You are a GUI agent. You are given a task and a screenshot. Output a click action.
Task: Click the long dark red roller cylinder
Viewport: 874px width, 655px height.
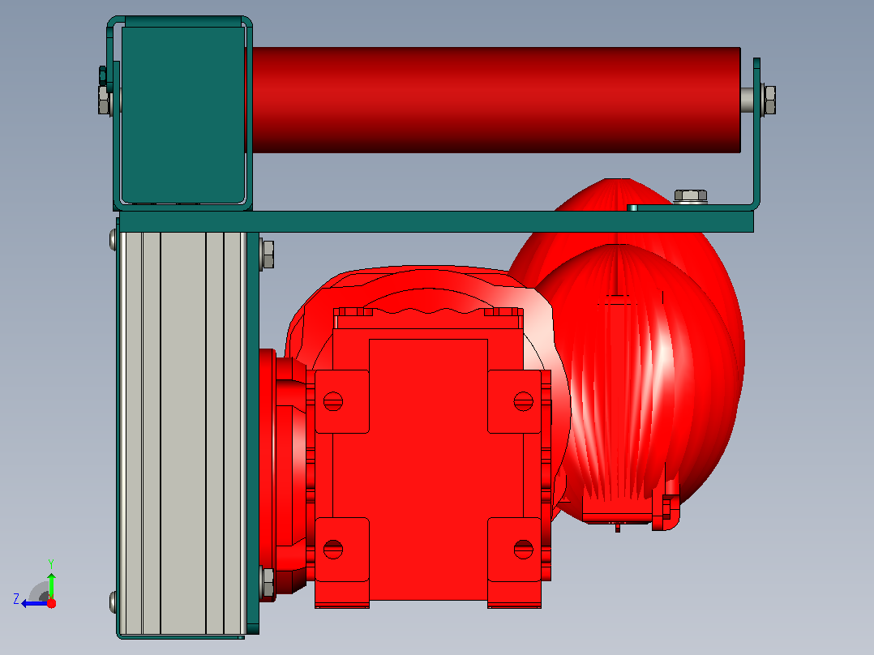click(496, 100)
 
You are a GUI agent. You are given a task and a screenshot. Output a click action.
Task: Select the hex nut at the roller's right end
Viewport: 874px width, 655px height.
click(769, 100)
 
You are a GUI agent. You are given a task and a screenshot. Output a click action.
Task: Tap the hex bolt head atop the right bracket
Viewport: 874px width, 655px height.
click(691, 196)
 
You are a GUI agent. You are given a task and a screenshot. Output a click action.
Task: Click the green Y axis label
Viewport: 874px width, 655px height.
click(51, 563)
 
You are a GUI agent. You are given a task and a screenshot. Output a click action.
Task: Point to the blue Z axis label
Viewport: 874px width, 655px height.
click(16, 599)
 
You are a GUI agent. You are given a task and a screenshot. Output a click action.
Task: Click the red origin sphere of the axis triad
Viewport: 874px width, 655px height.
click(51, 603)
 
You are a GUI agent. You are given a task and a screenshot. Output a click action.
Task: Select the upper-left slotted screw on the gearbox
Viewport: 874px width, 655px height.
click(332, 401)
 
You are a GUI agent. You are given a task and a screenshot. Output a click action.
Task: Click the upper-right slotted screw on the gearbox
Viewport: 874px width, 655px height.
click(523, 401)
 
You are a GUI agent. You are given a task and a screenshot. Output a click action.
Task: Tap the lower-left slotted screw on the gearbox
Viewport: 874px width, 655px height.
click(332, 549)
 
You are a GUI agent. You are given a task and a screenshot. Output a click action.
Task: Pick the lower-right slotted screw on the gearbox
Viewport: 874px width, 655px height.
click(523, 549)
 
